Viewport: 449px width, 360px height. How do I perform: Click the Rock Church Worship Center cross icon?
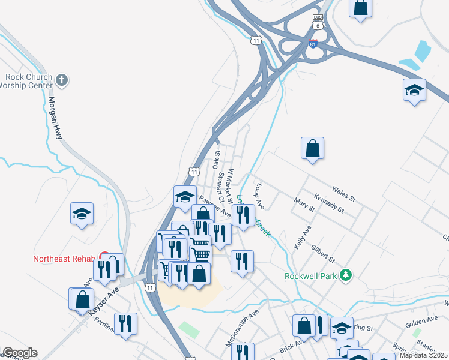62,80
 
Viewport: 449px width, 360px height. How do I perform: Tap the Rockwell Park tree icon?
345,276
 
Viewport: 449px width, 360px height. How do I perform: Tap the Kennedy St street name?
329,203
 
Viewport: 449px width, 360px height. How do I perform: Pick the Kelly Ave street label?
303,238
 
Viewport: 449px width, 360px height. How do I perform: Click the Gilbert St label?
322,253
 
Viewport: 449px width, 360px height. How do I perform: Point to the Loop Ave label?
259,196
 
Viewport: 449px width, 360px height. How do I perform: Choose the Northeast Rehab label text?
64,259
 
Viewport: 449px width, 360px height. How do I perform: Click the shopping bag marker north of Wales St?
312,148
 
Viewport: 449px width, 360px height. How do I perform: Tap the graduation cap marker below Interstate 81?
414,90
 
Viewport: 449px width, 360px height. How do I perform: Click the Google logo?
20,353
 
